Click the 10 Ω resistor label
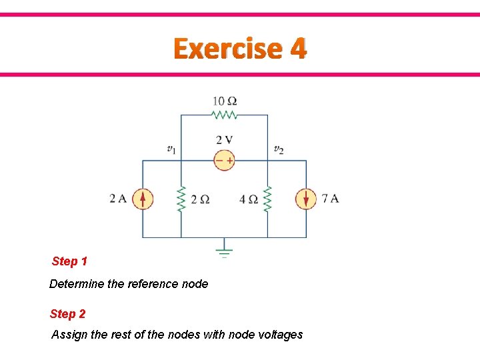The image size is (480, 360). coord(225,101)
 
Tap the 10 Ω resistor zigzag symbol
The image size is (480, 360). coord(225,115)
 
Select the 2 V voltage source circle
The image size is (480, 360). coord(224,160)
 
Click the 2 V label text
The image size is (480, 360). coord(224,140)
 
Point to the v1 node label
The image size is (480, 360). coord(172,149)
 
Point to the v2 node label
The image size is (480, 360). coord(278,149)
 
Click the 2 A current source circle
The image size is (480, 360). coord(142,199)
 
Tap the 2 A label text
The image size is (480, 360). coord(119,198)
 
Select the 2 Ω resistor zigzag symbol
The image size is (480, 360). coord(181,199)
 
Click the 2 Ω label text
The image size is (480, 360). coord(200,199)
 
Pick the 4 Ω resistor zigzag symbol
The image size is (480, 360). coord(268,199)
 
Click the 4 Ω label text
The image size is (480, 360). coord(249,199)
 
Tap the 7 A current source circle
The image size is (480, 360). coord(307,199)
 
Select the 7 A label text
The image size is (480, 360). coord(330,198)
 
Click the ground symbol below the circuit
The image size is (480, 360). coord(224,251)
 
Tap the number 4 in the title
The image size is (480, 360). coord(299,49)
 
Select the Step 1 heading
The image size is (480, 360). coord(69,261)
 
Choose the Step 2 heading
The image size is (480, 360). coord(68,313)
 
